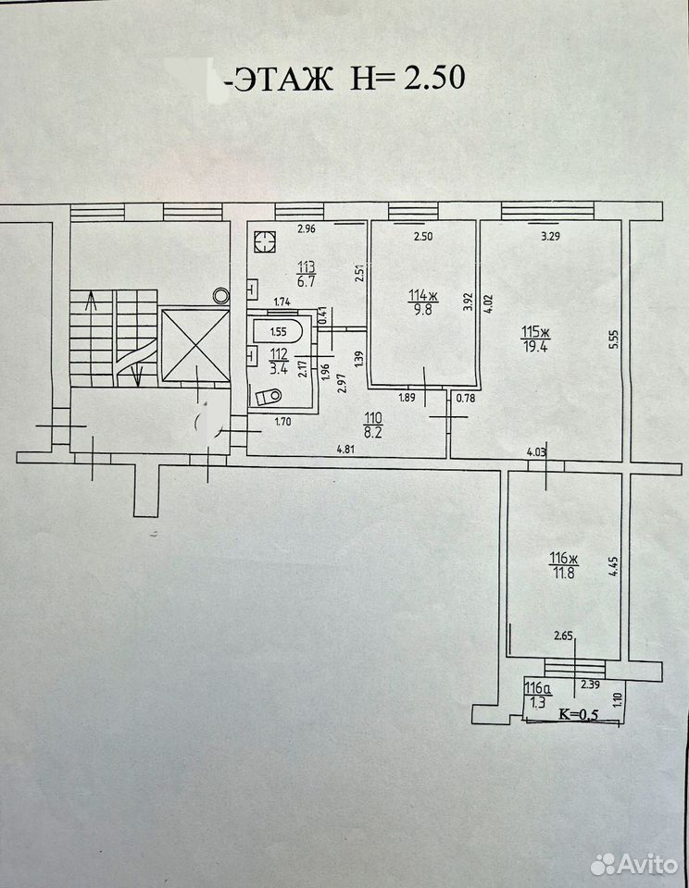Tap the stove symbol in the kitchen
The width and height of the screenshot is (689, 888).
tap(264, 241)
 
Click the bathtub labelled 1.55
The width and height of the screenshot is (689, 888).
tap(279, 332)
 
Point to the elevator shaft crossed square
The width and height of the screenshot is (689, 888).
tap(195, 345)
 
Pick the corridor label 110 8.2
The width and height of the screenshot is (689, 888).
tap(374, 425)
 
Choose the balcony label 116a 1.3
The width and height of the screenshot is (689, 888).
tap(538, 696)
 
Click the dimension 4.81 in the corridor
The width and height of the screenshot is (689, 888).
tap(345, 450)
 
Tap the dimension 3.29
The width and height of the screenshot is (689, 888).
tap(550, 237)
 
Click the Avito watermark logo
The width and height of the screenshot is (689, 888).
tap(634, 864)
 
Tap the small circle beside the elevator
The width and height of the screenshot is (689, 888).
tap(220, 295)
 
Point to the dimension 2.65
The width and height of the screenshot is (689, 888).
tap(563, 636)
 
